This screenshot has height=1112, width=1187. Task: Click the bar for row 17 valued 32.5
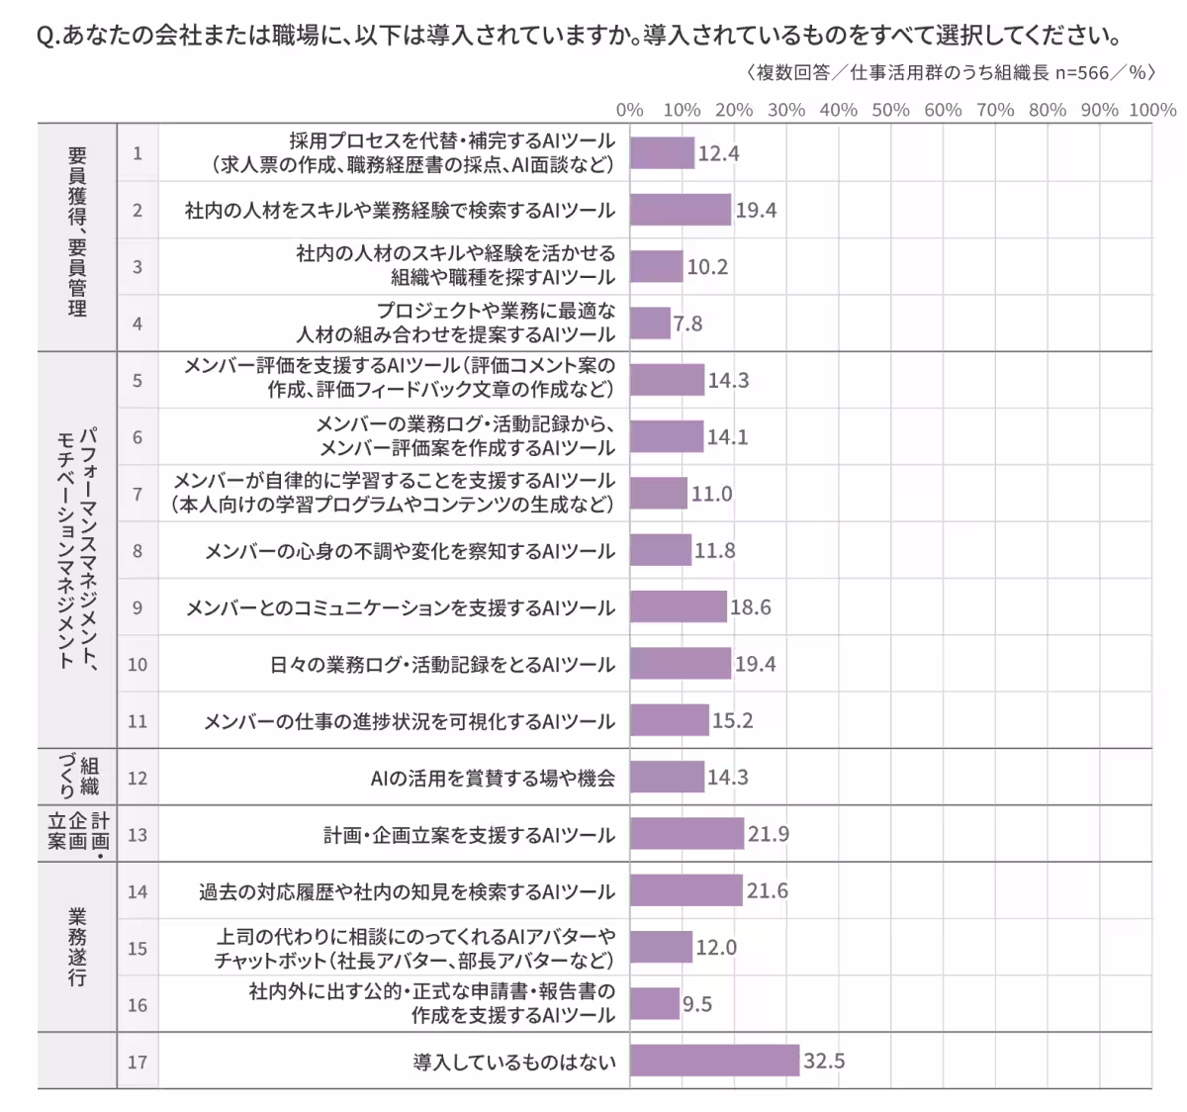[x=714, y=1061]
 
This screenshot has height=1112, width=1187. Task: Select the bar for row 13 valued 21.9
[x=686, y=834]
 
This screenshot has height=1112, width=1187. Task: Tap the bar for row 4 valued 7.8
[x=650, y=324]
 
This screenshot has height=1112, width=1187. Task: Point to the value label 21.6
[x=767, y=891]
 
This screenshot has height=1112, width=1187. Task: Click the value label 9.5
[x=697, y=1005]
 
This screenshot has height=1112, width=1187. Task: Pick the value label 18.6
[x=750, y=607]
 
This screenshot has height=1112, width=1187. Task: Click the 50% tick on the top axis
[x=890, y=110]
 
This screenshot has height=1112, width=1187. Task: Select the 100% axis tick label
[x=1152, y=110]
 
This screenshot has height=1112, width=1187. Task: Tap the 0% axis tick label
[x=630, y=110]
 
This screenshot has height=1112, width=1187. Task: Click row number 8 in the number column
[x=137, y=551]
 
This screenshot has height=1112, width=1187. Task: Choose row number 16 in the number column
[x=137, y=1005]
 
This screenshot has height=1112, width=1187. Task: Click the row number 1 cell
[x=137, y=153]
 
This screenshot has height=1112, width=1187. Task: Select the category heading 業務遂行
[x=77, y=947]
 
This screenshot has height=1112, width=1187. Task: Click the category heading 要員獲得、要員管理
[x=77, y=232]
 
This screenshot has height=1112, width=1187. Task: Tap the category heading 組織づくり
[x=77, y=777]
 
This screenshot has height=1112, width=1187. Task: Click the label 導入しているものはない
[x=513, y=1063]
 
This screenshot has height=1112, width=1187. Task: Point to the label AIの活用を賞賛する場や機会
[x=492, y=779]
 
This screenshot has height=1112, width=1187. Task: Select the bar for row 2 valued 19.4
[x=681, y=210]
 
